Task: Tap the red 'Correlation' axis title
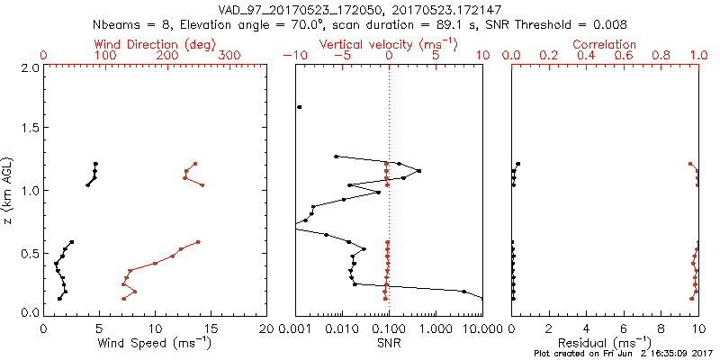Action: (x=605, y=44)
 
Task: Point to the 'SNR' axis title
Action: (x=389, y=343)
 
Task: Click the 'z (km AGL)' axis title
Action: (x=10, y=190)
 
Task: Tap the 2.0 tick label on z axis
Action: (x=30, y=67)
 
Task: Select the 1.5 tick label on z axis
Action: (x=30, y=129)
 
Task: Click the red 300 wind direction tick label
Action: (x=229, y=56)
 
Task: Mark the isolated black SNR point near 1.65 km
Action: (x=300, y=107)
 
